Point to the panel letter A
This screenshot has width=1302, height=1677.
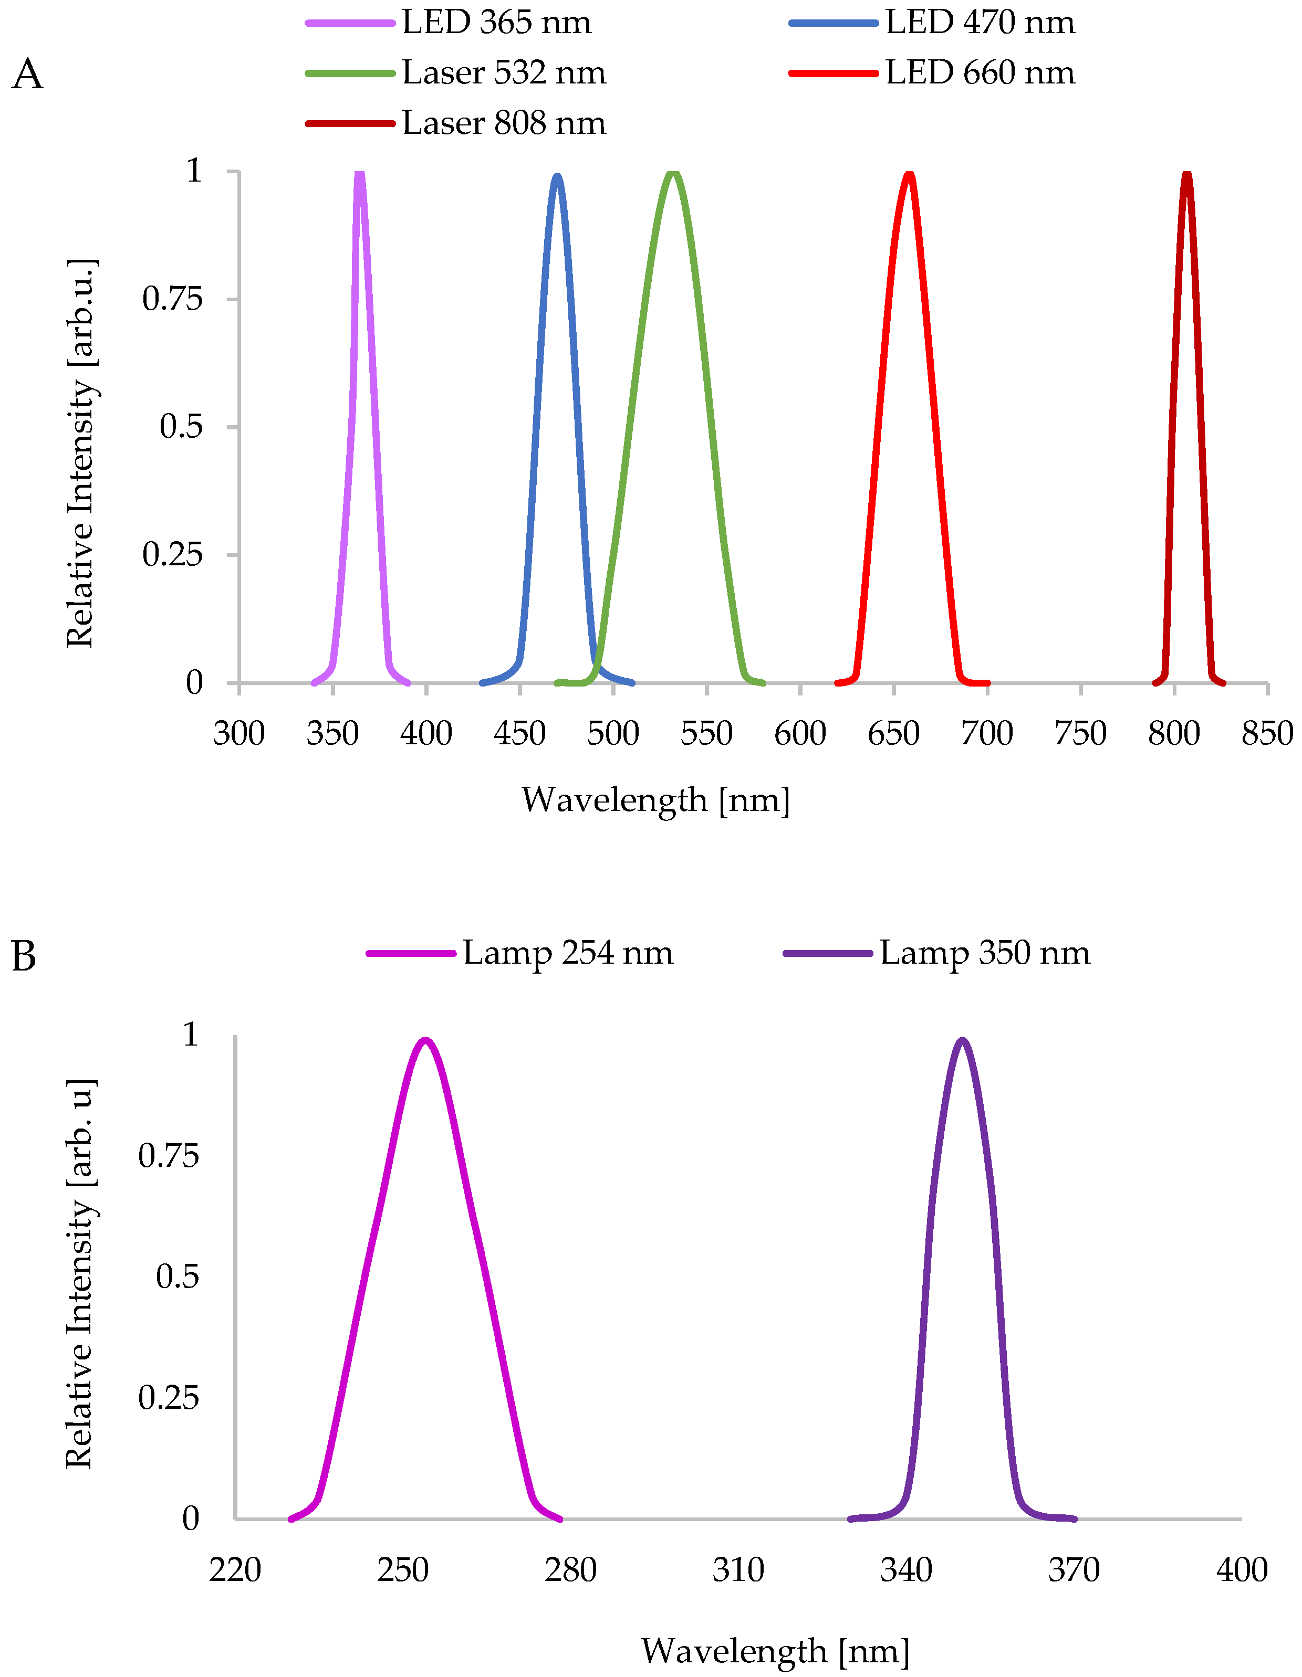[x=28, y=75]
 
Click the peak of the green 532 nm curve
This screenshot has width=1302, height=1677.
[x=673, y=173]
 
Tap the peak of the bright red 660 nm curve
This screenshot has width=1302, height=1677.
[x=910, y=174]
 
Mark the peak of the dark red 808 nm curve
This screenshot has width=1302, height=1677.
[x=1187, y=174]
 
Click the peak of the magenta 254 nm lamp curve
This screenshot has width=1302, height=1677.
[x=425, y=1041]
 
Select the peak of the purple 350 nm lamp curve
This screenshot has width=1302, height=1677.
[x=962, y=1041]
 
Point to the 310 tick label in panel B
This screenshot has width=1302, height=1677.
[x=738, y=1570]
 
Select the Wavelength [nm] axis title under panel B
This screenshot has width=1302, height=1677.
[x=776, y=1651]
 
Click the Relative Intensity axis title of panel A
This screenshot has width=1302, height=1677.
[x=81, y=453]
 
